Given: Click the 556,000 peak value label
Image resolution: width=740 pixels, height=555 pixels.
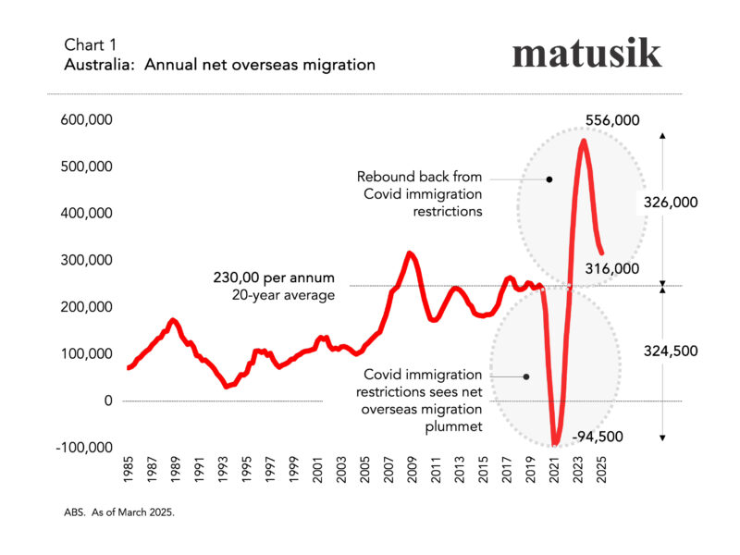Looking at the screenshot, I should [x=612, y=121].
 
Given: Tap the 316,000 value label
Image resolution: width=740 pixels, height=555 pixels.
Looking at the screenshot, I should [x=613, y=268].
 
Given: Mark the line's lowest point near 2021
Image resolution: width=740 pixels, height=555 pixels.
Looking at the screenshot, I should [x=556, y=444].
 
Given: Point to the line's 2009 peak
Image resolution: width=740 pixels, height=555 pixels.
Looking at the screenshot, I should [x=409, y=253].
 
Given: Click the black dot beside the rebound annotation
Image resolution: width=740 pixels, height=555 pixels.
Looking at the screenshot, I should [x=549, y=179].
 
